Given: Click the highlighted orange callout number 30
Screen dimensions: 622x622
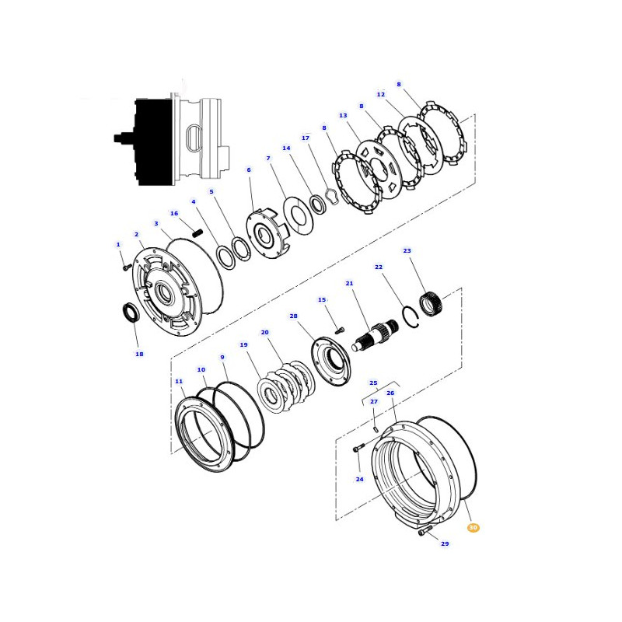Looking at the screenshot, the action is click(x=473, y=528).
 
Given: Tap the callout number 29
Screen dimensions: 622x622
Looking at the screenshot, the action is click(x=445, y=543).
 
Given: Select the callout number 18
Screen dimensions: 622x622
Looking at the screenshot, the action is click(x=139, y=354).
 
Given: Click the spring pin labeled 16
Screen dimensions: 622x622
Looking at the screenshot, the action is click(x=197, y=232).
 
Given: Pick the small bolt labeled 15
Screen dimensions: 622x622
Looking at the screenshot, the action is click(x=340, y=330).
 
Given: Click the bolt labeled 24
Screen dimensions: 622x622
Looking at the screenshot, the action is click(x=358, y=449).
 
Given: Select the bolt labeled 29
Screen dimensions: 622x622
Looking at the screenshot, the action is click(x=425, y=531).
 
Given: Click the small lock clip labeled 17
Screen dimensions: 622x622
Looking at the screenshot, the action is click(x=331, y=197).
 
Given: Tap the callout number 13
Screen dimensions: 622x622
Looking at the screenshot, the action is click(x=343, y=115).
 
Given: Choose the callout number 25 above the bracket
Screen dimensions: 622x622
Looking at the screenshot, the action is click(x=373, y=383).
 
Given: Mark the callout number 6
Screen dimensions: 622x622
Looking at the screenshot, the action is click(x=249, y=169).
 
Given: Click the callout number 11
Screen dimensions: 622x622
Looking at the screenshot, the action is click(x=179, y=381).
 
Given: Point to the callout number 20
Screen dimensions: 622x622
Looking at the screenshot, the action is click(x=264, y=333).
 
